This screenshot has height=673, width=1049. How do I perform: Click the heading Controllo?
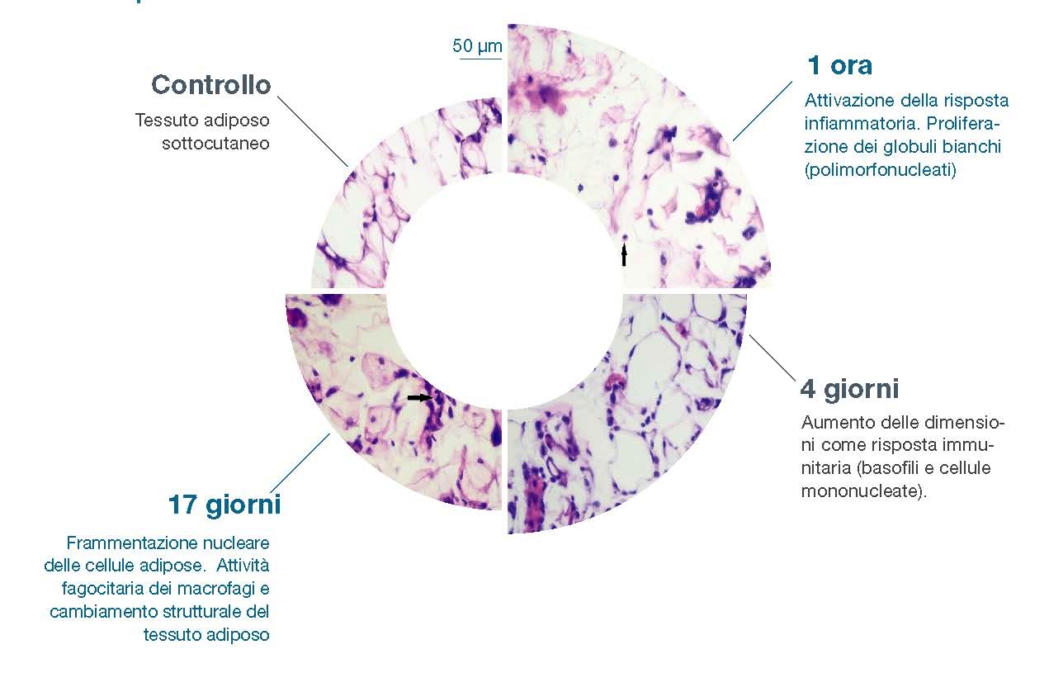[x=210, y=85]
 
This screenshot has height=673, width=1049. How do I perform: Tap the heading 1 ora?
[x=839, y=65]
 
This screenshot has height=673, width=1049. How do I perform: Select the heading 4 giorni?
[x=849, y=390]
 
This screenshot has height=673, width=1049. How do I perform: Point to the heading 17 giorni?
[x=224, y=505]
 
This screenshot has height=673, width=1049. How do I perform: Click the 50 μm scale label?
[x=477, y=46]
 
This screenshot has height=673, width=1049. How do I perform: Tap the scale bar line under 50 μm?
[x=480, y=59]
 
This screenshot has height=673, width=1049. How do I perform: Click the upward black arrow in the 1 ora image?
[x=624, y=256]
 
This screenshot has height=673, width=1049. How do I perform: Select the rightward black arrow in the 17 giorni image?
[x=420, y=398]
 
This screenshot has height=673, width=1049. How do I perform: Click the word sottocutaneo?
[x=215, y=144]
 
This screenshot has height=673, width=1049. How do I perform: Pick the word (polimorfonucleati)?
[x=880, y=169]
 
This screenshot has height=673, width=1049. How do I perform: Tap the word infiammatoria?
[x=861, y=124]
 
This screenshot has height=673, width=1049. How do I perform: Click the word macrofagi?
[x=216, y=589]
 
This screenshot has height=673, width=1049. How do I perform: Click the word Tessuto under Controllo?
[x=165, y=121]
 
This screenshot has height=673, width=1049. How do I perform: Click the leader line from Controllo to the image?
[x=313, y=131]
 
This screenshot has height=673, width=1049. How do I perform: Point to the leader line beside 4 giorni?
[x=772, y=357]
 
